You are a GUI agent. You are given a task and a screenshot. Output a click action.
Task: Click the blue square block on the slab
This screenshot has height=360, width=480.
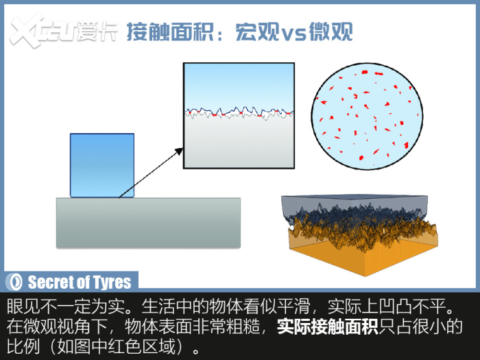point(102,165)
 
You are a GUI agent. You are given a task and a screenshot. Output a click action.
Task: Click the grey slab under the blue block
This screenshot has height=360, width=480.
point(149,223)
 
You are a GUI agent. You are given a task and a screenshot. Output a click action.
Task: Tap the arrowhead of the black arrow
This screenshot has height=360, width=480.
point(179,152)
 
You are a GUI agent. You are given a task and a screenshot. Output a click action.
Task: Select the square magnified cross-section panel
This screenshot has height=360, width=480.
point(239,116)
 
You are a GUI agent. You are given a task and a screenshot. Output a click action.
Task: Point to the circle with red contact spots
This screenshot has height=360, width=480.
point(367,117)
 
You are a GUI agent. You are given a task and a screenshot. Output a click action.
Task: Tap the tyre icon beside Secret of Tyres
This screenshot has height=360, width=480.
point(14,282)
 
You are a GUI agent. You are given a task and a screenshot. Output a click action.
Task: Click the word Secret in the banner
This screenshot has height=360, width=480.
point(47,282)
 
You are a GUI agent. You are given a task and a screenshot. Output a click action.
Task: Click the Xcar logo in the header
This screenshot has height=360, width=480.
point(63,32)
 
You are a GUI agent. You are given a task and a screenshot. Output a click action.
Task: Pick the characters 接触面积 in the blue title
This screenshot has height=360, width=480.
point(170,32)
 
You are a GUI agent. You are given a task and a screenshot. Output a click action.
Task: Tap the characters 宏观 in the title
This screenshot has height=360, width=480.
point(257,32)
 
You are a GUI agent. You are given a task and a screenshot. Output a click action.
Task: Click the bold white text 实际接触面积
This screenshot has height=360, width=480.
point(327,327)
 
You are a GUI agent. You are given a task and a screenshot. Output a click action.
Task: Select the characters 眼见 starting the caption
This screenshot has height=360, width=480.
point(23,306)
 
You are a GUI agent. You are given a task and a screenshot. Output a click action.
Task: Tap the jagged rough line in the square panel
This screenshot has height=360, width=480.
point(239,113)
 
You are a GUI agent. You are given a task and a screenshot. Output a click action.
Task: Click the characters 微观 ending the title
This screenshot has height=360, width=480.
point(331,32)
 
